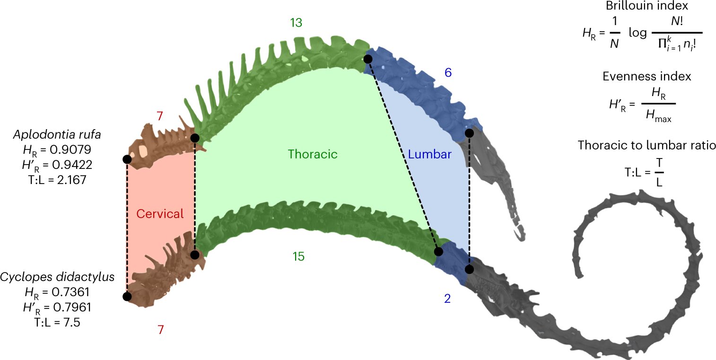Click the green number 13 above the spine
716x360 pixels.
click(x=296, y=23)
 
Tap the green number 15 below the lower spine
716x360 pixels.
click(x=298, y=256)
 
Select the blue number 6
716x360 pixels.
click(x=448, y=73)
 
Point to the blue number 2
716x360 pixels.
click(x=447, y=299)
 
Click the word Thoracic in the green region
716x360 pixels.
click(x=313, y=154)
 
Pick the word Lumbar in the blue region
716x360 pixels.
click(x=429, y=154)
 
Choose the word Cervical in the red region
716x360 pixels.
click(x=160, y=214)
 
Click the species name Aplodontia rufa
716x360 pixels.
click(x=60, y=135)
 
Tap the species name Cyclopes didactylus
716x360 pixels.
click(x=58, y=277)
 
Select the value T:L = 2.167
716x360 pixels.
click(x=57, y=180)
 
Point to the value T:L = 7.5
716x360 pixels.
click(x=57, y=322)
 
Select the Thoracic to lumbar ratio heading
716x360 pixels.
click(x=646, y=146)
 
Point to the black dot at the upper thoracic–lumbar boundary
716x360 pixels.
click(x=368, y=59)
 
